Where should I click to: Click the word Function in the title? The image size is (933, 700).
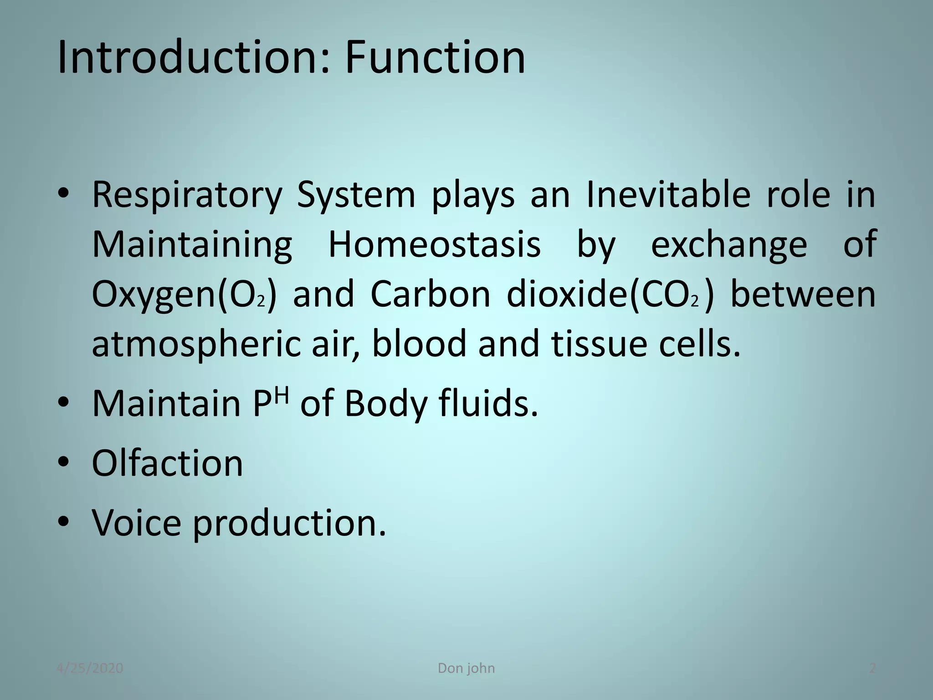pos(435,58)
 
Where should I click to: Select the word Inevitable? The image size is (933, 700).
pos(668,195)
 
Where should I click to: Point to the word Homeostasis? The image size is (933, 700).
pos(435,245)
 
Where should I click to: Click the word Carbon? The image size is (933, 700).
pos(431,294)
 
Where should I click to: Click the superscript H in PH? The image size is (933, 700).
pos(282,393)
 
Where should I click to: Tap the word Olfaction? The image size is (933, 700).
pos(167,463)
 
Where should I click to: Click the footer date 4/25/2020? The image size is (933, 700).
pos(90,669)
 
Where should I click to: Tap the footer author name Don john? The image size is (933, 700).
pos(466,669)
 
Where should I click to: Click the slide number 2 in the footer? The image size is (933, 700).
pos(872,669)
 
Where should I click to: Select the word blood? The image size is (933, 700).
pos(419,344)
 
